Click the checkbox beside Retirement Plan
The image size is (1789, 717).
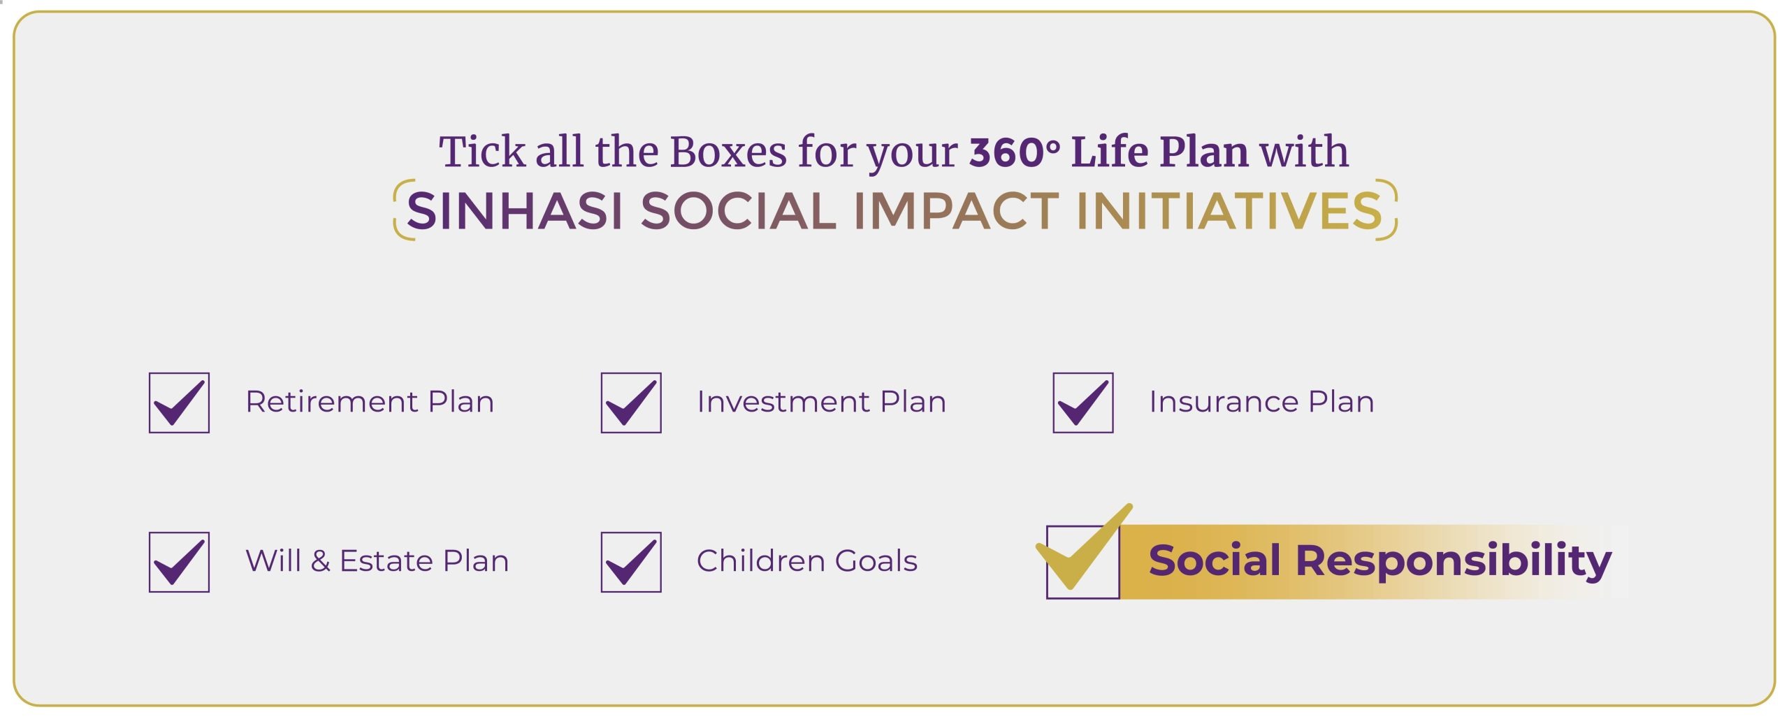coord(179,403)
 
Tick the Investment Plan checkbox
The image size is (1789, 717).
coord(631,403)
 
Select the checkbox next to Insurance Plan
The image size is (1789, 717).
coord(1083,403)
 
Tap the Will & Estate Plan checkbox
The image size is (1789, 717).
coord(179,562)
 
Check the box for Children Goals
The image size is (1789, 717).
coord(631,562)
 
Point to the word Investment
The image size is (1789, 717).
coord(783,402)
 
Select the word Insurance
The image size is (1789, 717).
coord(1224,402)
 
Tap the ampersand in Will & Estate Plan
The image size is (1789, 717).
coord(320,561)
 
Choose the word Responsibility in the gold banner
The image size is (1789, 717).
coord(1454,561)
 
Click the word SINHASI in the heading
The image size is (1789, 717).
coord(514,211)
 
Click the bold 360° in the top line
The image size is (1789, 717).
coord(1014,152)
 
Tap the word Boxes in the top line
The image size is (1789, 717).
coord(728,152)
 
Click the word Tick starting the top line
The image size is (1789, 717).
coord(482,152)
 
